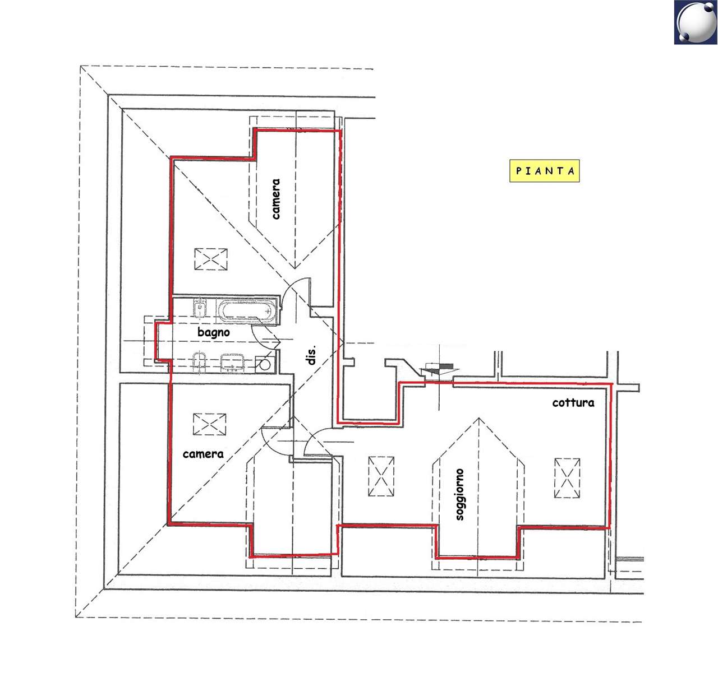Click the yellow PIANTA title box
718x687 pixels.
544,171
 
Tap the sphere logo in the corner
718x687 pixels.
696,22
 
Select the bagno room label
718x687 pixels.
214,332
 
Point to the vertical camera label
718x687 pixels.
275,199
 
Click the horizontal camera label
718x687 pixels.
203,454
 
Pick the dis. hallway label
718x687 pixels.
312,355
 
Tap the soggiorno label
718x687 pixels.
459,494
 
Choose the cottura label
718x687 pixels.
573,402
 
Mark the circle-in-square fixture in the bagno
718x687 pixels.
265,364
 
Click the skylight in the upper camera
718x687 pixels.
211,259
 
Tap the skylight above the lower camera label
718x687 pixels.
210,424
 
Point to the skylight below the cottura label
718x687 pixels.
567,478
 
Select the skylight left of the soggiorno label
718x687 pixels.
381,476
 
